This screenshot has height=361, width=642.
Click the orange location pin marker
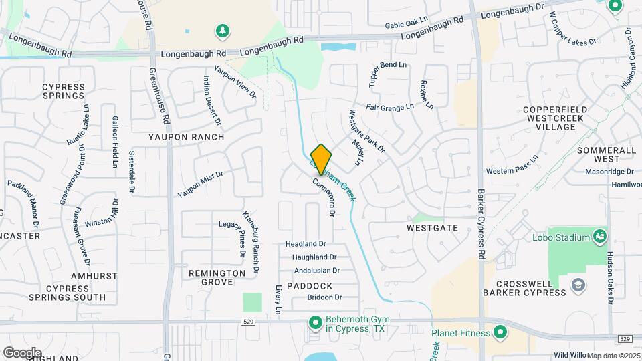(321, 159)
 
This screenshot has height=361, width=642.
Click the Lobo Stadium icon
(600, 237)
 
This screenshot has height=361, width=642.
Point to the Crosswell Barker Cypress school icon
(577, 286)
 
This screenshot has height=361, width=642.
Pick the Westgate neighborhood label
(432, 228)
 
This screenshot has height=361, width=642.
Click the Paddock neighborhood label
(310, 285)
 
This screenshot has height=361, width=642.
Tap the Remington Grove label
(217, 277)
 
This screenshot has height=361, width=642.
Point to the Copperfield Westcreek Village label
(556, 118)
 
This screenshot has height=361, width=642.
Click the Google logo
(21, 352)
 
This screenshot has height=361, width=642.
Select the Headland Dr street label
(306, 244)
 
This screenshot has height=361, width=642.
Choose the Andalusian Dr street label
(317, 271)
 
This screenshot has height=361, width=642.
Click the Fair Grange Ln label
(390, 106)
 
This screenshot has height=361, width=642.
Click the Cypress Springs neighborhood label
(63, 92)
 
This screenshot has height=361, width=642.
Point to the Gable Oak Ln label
(407, 25)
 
